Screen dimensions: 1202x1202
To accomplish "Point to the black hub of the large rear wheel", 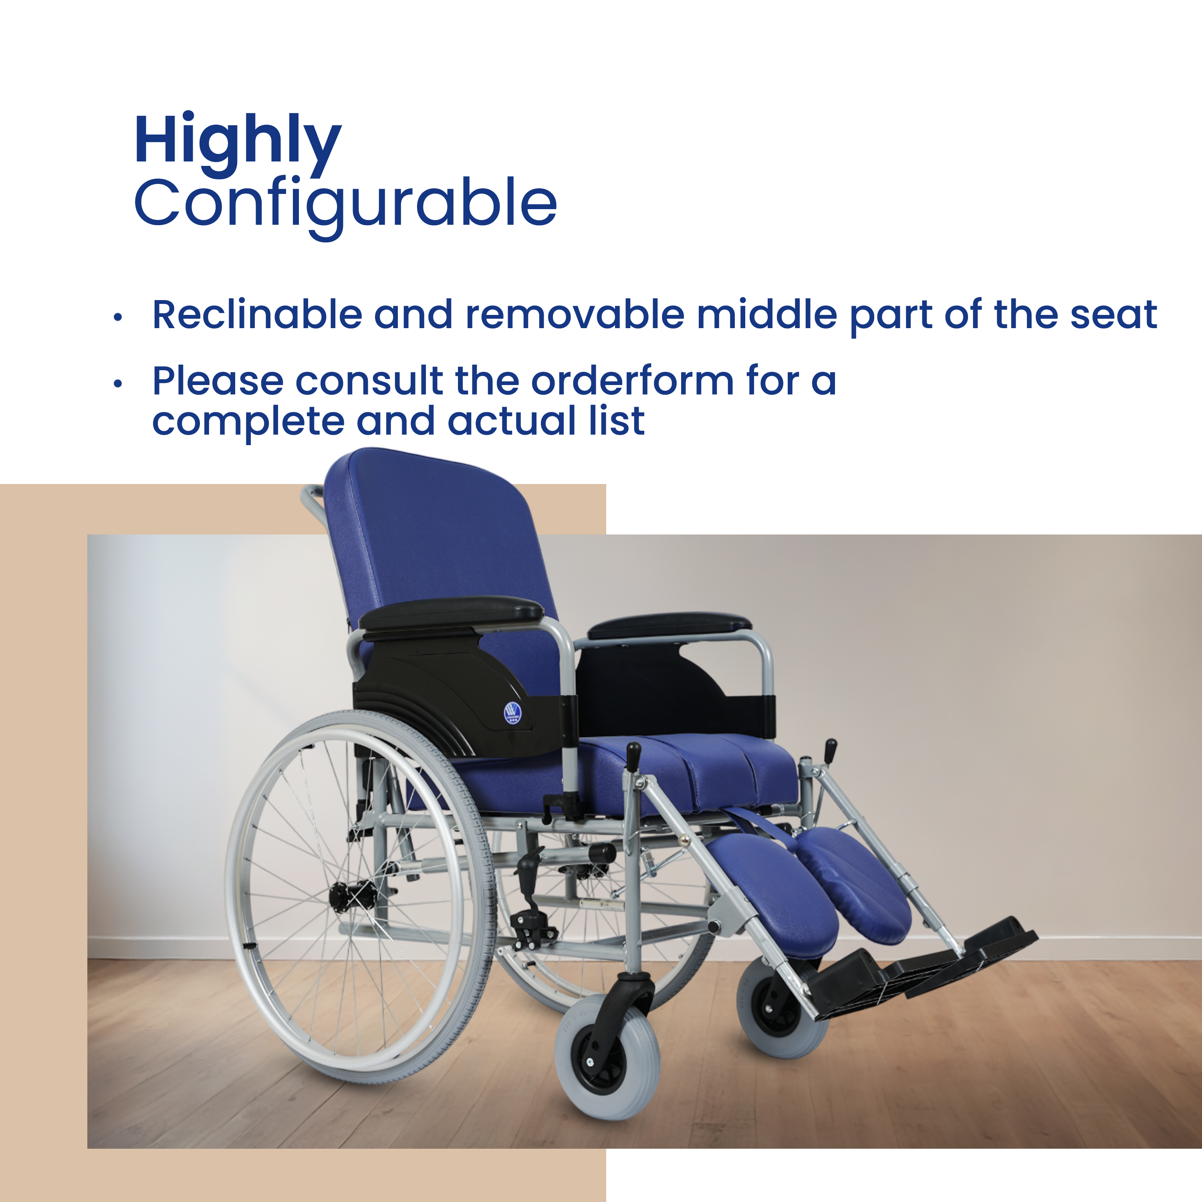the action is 353,896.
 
